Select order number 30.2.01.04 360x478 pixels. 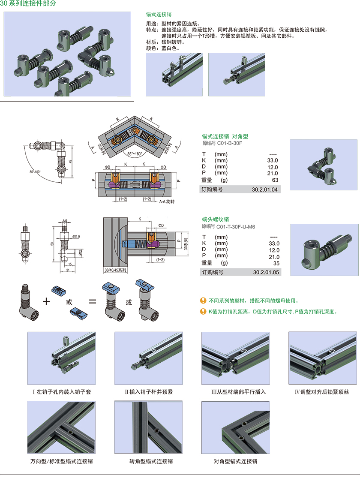point(265,189)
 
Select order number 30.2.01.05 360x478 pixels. point(266,272)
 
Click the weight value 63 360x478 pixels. point(275,180)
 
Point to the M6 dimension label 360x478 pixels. point(65,221)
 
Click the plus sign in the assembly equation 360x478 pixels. point(46,301)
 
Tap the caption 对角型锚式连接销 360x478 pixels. point(235,462)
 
